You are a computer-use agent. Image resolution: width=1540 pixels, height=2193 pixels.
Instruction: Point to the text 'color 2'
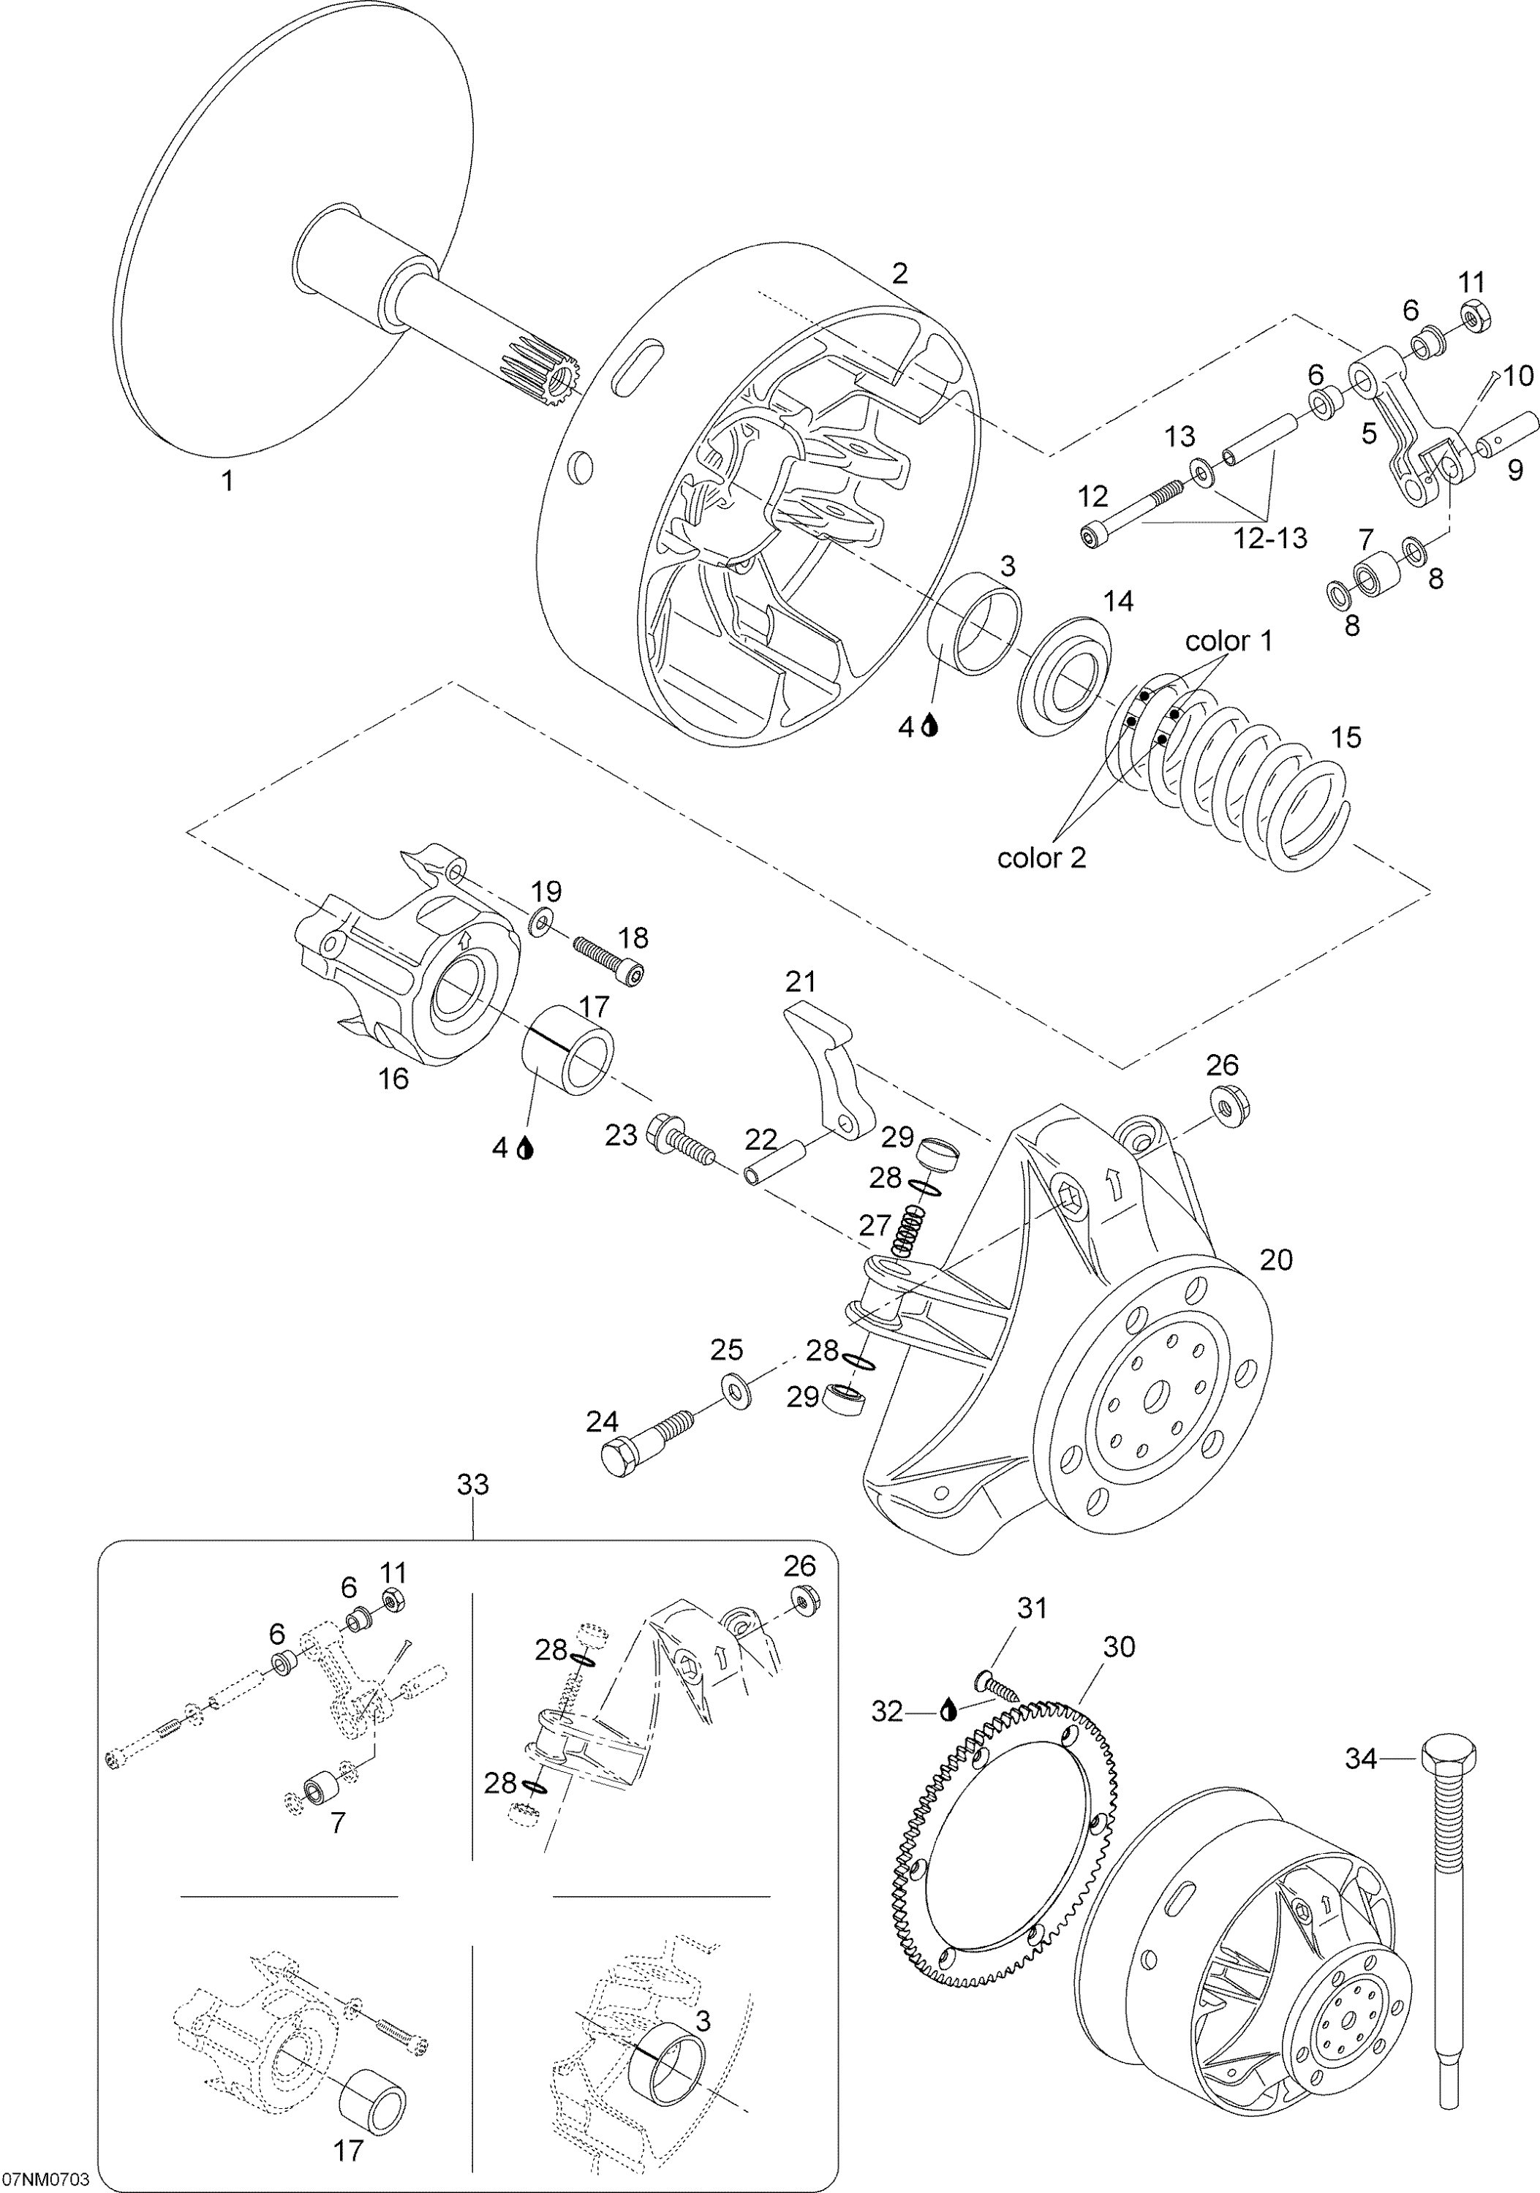[x=1041, y=857]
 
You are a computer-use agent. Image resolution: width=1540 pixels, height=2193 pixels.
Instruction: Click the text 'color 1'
[x=1228, y=641]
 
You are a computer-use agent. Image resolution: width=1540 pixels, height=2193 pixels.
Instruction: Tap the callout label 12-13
[x=1269, y=538]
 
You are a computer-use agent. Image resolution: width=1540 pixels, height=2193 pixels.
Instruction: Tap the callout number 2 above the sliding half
[x=899, y=273]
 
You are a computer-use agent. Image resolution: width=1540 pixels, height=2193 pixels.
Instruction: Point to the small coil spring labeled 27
[x=910, y=1230]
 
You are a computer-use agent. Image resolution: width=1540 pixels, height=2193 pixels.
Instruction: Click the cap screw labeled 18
[x=608, y=962]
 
